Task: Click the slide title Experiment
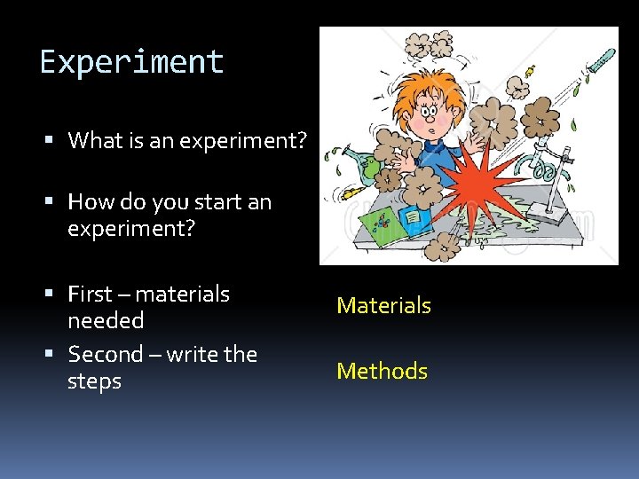coord(131,62)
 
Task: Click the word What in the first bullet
coord(93,140)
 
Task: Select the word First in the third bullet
coord(90,294)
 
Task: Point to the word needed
coord(105,320)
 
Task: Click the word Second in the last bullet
coord(105,355)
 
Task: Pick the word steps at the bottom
coord(94,381)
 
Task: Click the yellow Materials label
coord(383,306)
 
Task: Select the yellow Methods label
coord(382,372)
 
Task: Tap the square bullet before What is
coord(54,141)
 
